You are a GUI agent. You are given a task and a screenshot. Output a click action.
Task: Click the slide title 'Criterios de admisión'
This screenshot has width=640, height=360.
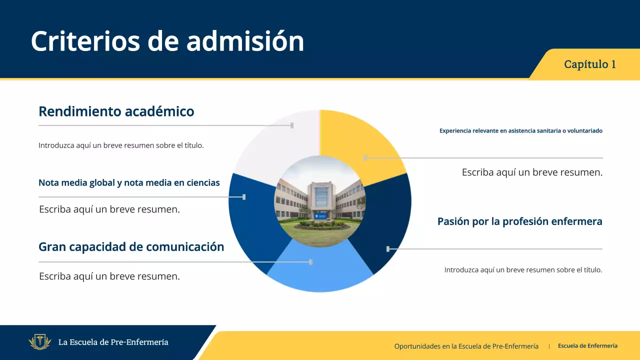167,41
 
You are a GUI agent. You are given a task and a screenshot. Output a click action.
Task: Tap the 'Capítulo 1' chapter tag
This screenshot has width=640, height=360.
589,64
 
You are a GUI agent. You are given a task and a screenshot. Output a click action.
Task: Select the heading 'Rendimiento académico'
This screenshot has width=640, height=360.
116,111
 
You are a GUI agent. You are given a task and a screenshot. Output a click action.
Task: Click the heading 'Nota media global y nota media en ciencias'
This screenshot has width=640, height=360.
129,183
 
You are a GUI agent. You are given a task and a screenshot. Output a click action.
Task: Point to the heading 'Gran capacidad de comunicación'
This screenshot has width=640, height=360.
131,246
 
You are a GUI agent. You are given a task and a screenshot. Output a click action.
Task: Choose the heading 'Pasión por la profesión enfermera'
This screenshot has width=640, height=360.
519,221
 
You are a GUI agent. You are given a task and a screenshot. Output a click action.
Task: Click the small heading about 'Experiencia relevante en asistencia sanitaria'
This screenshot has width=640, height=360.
520,131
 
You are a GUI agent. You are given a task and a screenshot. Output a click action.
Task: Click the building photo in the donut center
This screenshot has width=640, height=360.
320,201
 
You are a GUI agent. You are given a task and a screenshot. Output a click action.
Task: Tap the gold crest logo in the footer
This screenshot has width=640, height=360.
40,342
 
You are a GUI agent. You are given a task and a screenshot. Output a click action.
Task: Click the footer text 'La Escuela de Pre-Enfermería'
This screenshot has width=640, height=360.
113,342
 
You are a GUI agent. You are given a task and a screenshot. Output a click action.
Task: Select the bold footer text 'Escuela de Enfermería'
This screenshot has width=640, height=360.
587,346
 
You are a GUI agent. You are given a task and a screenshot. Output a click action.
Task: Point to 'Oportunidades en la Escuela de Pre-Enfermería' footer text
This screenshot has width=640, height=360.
466,346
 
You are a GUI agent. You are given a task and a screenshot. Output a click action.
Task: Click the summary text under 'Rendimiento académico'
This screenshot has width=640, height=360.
121,145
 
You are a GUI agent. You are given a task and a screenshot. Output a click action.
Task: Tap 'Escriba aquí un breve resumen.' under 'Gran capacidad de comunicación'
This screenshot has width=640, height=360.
109,276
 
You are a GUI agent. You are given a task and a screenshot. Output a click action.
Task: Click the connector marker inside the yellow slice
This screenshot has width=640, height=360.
365,158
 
